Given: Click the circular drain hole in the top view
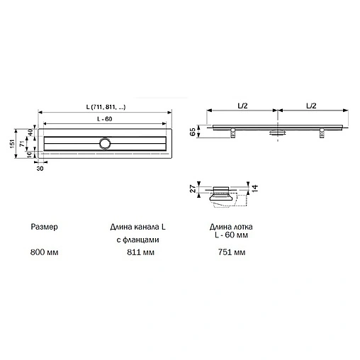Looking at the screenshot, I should [106, 143].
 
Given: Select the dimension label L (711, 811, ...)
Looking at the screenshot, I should [104, 107].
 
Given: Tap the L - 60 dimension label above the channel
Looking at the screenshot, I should [104, 118].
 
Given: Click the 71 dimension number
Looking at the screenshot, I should [22, 144].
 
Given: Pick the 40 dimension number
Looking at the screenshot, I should [30, 133].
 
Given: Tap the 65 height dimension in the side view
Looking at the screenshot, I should [193, 132].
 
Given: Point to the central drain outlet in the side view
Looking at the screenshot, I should [277, 133].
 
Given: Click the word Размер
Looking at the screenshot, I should [44, 227].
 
